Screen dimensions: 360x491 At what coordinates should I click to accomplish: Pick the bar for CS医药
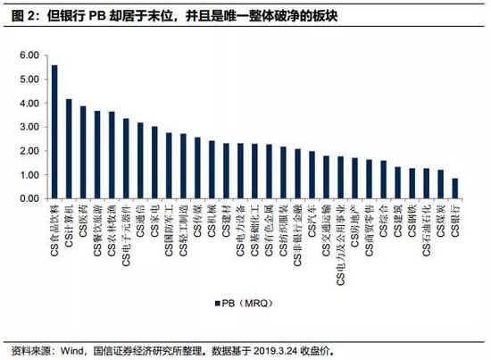[83, 153]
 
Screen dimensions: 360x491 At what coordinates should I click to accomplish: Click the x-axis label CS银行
[455, 220]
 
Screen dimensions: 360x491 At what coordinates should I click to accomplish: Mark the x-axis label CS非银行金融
[298, 236]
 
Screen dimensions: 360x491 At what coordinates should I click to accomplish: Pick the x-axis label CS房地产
[355, 226]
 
